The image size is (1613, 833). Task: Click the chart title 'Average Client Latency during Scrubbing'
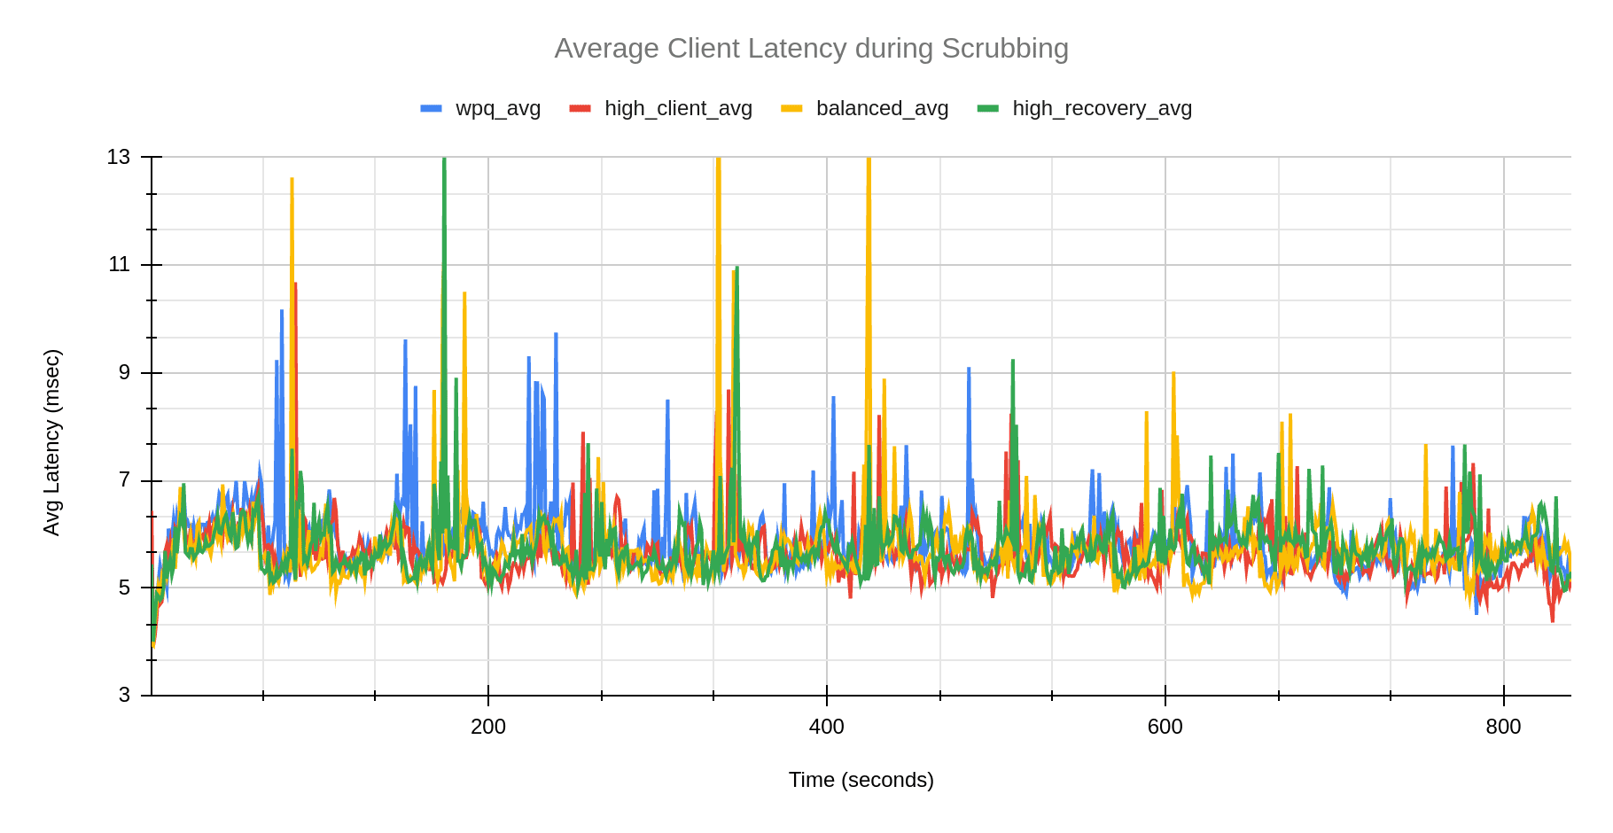coord(811,48)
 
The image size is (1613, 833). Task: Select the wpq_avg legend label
coord(497,108)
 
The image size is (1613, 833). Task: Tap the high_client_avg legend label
coord(678,108)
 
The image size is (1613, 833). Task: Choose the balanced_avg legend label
coord(882,108)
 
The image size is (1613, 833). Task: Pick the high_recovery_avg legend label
coord(1102,108)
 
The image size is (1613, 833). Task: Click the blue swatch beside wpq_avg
coord(431,108)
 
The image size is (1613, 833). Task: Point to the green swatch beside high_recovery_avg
coord(987,108)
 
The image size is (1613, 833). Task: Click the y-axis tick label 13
coord(119,157)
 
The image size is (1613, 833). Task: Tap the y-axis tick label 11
coord(119,264)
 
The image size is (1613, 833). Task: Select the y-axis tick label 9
coord(124,372)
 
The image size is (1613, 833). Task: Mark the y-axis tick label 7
coord(124,480)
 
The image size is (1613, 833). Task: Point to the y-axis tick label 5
coord(124,588)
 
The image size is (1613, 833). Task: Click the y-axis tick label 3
coord(124,696)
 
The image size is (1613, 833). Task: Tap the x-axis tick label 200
coord(487,728)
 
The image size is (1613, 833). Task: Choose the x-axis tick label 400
coord(826,728)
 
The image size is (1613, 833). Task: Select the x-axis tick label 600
coord(1165,728)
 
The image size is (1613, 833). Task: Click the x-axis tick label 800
coord(1503,728)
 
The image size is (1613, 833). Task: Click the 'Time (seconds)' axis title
coord(861,780)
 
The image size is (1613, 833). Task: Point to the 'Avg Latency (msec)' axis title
coord(52,442)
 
